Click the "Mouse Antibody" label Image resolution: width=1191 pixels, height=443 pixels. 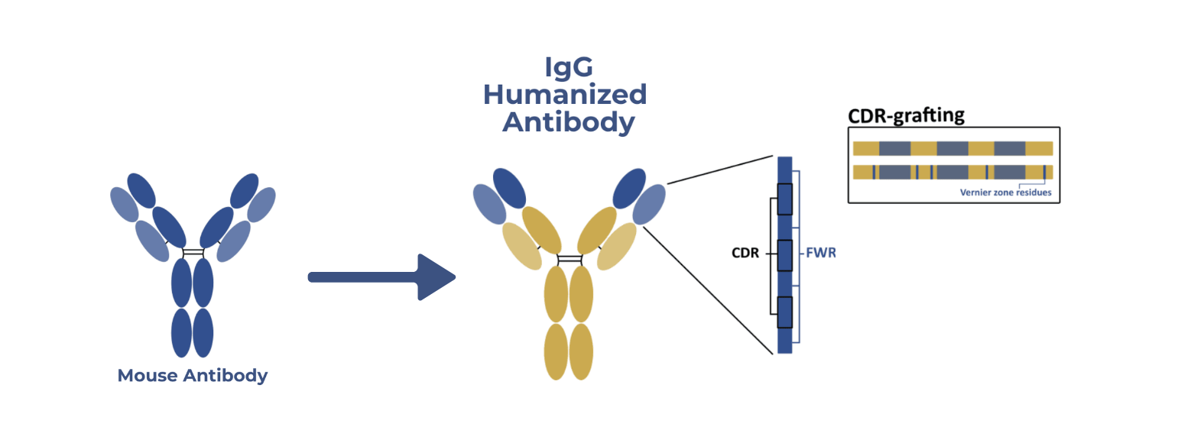(193, 376)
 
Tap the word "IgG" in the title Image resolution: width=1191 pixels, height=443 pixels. (569, 67)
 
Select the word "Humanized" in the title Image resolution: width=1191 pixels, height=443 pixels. (565, 95)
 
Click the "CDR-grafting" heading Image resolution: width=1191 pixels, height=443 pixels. (906, 115)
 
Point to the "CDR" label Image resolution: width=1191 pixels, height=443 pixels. (745, 253)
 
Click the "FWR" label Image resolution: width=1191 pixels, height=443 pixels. (821, 253)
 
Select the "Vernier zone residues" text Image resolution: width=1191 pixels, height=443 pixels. (1005, 192)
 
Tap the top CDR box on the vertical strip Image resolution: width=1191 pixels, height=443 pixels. (785, 199)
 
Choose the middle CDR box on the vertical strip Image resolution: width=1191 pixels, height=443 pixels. (785, 256)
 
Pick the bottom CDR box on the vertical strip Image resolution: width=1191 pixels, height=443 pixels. (785, 312)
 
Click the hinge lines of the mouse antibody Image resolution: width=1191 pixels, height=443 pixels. (193, 253)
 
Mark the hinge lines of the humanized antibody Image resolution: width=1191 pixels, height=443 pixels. (570, 259)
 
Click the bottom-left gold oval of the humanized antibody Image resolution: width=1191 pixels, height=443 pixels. (557, 351)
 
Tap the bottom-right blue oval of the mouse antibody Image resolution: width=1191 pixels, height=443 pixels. (203, 332)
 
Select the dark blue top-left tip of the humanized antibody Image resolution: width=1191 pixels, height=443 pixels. (509, 188)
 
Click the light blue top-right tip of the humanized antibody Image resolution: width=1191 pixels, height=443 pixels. (649, 204)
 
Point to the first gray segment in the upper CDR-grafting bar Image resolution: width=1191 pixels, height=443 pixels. (895, 148)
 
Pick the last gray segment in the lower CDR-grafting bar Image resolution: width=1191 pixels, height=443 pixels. (1010, 172)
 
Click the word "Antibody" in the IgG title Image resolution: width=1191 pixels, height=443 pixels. (569, 123)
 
